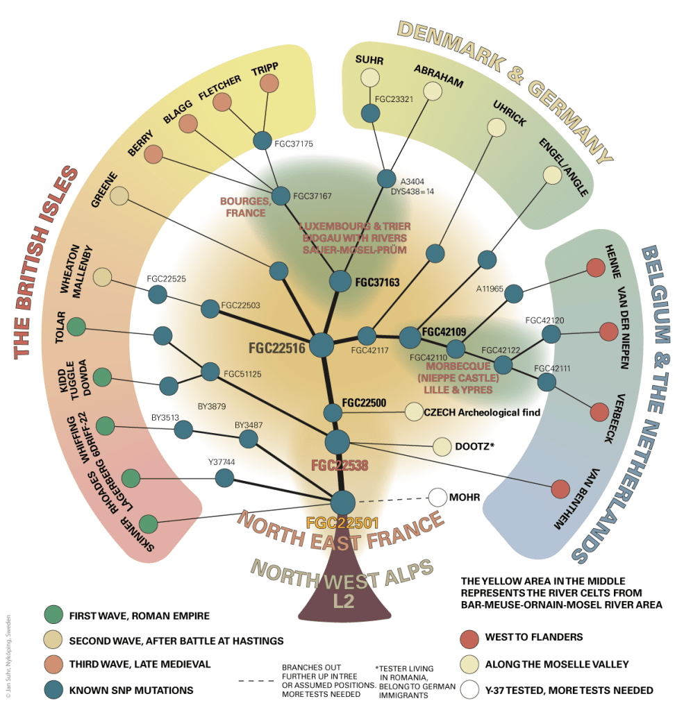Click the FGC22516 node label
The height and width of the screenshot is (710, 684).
[x=277, y=349]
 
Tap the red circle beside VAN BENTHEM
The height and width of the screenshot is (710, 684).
[x=560, y=489]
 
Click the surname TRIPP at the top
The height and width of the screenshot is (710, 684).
[x=264, y=67]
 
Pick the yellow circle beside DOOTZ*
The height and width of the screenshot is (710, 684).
[x=442, y=447]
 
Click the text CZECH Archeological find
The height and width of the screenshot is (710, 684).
[x=482, y=412]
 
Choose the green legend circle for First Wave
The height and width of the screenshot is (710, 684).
[x=53, y=615]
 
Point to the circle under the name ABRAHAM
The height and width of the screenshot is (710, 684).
[x=433, y=91]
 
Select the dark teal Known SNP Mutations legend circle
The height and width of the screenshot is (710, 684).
[x=53, y=690]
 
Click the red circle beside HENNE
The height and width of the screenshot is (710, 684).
[x=594, y=268]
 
